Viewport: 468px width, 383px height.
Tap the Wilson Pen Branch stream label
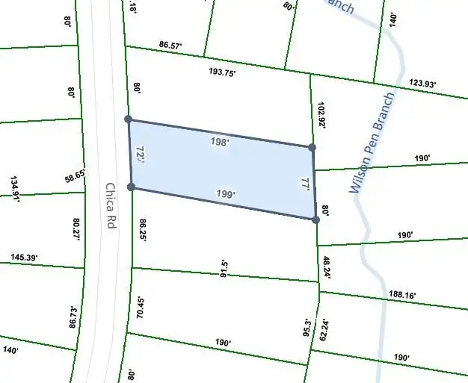[372, 144]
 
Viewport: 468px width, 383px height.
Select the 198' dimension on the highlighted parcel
[220, 141]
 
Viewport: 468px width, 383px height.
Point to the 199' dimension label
[226, 194]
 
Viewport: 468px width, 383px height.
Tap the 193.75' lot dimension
[222, 72]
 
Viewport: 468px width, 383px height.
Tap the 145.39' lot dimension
[24, 258]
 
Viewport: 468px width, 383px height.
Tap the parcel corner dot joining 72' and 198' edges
[129, 119]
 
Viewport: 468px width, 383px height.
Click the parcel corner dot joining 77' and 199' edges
[315, 219]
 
